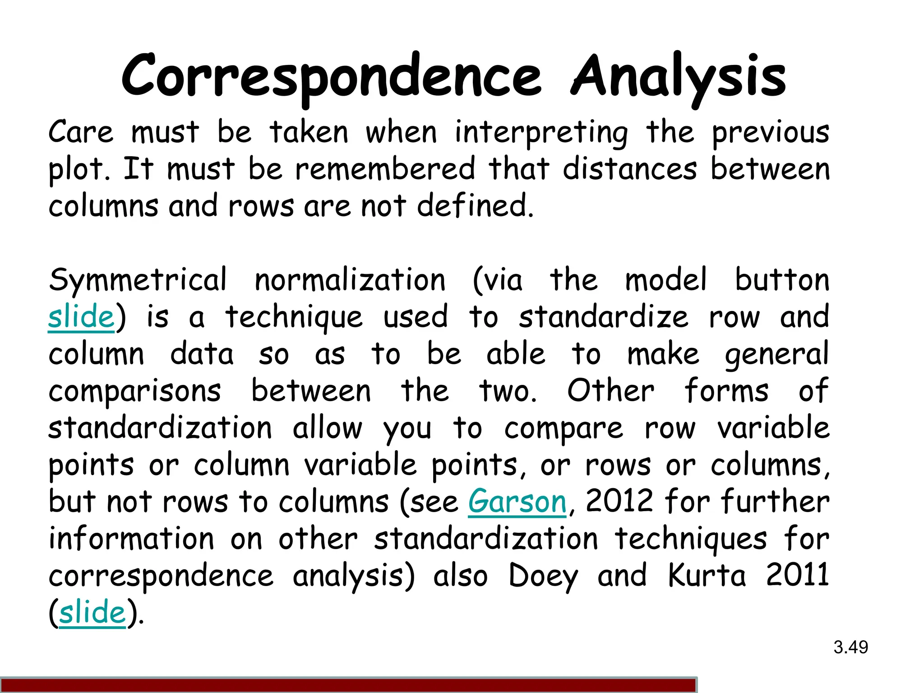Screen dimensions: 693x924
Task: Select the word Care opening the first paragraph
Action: (81, 132)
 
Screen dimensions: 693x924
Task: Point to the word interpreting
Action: (541, 133)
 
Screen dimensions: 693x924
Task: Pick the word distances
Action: (630, 169)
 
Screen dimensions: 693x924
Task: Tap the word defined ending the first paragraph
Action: (475, 206)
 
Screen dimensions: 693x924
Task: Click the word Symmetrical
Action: (138, 281)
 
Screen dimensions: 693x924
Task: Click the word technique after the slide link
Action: (294, 318)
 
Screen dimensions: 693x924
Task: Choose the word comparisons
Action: (135, 392)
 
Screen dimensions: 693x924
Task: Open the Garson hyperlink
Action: (517, 502)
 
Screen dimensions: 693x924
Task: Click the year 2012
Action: (619, 502)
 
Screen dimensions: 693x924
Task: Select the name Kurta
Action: (707, 576)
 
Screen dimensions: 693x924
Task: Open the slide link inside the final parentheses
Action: (92, 613)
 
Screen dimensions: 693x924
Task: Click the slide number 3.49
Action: (850, 647)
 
